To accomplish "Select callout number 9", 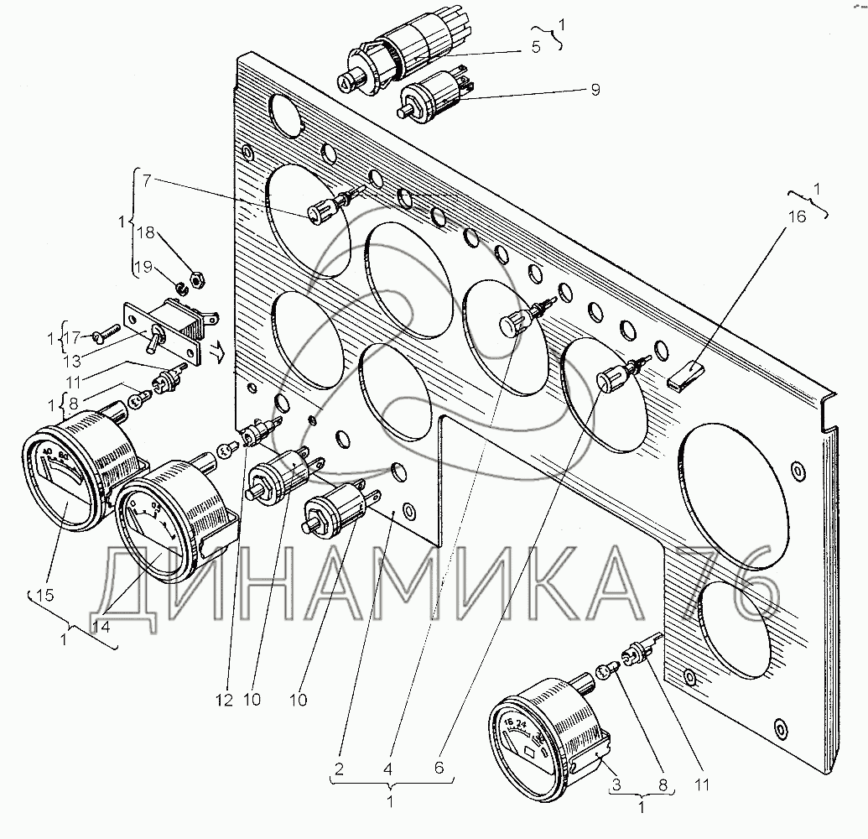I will pos(595,90).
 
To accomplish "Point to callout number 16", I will pos(796,216).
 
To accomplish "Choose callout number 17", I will pos(74,338).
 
